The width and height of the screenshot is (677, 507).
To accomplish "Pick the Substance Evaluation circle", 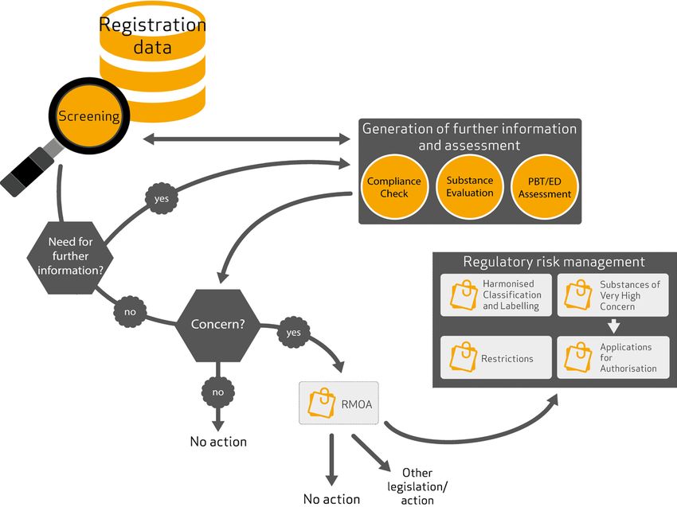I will click(470, 187).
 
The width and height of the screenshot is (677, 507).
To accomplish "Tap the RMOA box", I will click(339, 404).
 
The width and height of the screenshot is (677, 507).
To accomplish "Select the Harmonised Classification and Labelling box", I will click(495, 295).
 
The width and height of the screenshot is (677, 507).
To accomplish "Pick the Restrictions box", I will click(495, 358).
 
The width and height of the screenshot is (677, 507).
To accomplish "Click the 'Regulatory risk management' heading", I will click(554, 262).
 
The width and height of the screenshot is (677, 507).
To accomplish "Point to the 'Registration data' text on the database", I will click(151, 36).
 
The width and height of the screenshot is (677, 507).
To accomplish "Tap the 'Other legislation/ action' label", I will click(419, 485).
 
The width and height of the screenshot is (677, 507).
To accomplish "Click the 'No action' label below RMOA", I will click(331, 499).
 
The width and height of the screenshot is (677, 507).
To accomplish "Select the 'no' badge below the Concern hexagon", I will click(217, 392).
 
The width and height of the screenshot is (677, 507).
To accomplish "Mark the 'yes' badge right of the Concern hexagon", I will click(292, 332).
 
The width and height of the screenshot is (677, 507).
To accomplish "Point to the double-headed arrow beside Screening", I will click(248, 140).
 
